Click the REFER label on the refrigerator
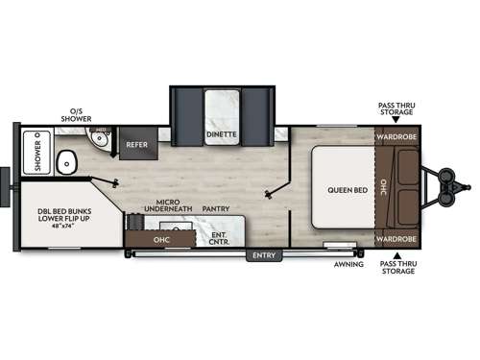click(136, 145)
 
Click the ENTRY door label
click(260, 255)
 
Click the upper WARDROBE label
click(396, 136)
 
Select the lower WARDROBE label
click(396, 238)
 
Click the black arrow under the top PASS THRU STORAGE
click(396, 124)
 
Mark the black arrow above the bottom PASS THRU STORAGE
click(396, 252)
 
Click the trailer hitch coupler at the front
click(467, 187)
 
